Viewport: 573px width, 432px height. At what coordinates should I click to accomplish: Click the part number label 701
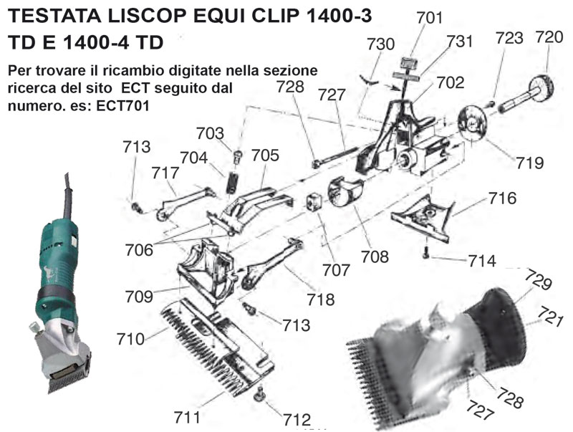[429, 17]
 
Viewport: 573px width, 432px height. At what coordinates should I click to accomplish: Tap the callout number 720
[549, 37]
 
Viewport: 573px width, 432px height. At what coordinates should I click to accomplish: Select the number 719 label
[530, 163]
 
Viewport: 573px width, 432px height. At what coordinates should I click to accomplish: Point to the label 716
[503, 198]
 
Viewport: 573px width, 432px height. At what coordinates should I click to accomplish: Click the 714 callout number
[482, 261]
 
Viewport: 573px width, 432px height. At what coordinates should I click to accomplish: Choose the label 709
[139, 297]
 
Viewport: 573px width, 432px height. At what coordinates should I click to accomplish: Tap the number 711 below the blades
[187, 417]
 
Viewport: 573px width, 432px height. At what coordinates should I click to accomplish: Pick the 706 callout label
[139, 250]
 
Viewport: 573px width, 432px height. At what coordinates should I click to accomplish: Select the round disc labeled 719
[472, 123]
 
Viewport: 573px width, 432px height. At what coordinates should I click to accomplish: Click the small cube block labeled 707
[313, 201]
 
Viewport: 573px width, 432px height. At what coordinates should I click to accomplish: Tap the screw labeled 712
[260, 394]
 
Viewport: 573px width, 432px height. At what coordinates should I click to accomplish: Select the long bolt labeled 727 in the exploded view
[334, 157]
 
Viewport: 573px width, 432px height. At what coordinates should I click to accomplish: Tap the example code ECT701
[122, 105]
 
